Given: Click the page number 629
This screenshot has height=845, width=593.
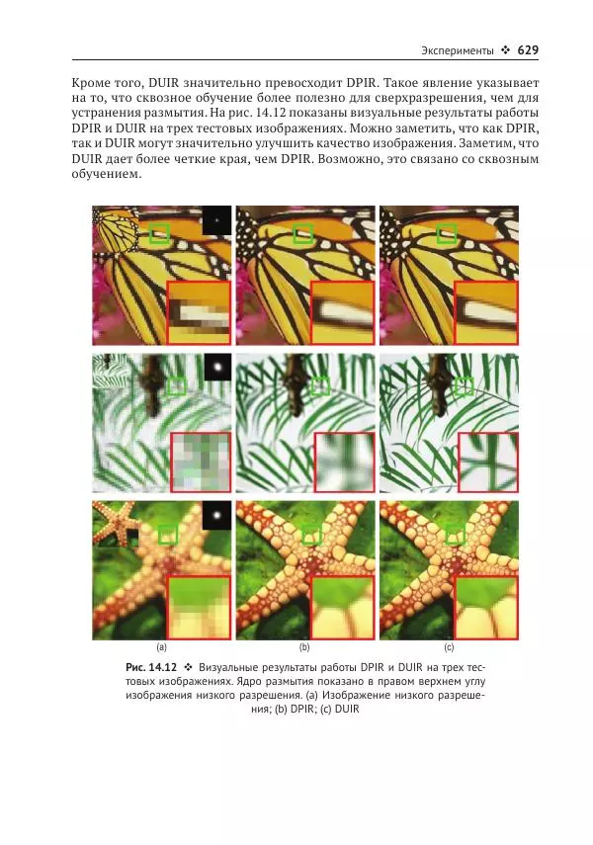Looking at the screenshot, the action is point(528,50).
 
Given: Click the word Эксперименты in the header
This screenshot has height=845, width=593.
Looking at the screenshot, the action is point(458,50).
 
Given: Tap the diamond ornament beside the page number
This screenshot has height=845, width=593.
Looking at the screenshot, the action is point(505,50).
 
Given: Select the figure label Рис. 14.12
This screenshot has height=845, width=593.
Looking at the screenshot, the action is point(151,667).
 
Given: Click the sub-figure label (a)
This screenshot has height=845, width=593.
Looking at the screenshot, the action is point(161,647).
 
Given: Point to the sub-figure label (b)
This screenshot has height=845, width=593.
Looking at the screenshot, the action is point(304,647).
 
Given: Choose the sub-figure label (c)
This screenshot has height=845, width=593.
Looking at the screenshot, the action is point(449,647).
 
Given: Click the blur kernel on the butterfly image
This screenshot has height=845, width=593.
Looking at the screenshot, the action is point(216,219).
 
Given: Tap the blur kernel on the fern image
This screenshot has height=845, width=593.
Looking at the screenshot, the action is point(217,367).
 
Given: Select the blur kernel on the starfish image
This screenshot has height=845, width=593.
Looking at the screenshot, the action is point(217,514).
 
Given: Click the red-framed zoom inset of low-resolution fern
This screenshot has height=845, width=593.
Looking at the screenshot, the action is point(201,462).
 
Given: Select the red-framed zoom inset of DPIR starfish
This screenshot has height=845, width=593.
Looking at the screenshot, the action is point(342,608).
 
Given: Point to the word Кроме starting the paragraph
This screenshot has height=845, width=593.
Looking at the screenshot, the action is point(91,84).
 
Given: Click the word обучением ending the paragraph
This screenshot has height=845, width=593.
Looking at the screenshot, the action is point(106,175).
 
